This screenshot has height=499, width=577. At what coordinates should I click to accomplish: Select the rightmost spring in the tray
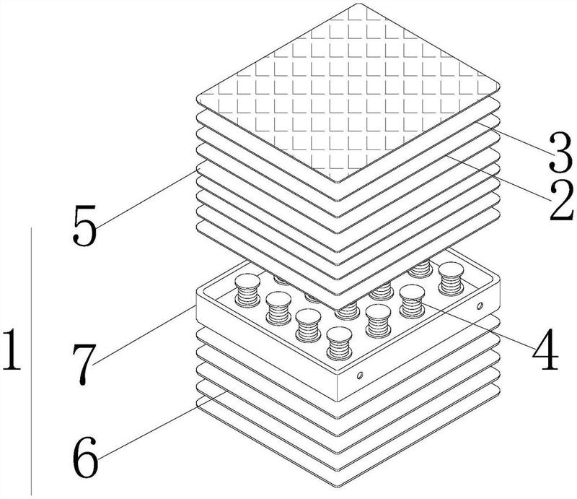tap(454, 278)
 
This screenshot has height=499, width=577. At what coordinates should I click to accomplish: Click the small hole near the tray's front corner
tap(358, 376)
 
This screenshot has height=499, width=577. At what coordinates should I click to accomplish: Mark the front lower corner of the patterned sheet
tap(339, 181)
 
